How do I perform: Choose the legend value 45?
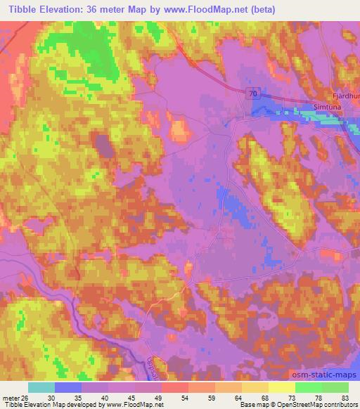click(131, 398)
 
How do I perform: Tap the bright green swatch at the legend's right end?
click(335, 387)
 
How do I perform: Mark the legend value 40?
click(104, 398)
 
